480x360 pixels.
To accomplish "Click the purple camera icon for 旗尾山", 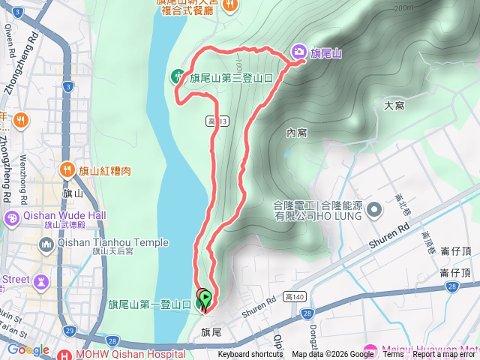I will tap(298, 51).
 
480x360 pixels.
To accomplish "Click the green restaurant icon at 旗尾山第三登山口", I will tap(178, 75).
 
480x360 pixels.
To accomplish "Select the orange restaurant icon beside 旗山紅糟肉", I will tap(67, 170).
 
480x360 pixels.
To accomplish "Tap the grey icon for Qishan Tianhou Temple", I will tap(46, 244).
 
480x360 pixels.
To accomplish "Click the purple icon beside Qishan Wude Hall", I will tap(12, 218).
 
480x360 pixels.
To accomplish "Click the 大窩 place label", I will tap(394, 106).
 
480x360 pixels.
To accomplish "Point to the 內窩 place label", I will tap(296, 133).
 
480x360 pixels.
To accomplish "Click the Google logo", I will tap(27, 349).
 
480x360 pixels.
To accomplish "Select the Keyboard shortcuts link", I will tap(250, 355).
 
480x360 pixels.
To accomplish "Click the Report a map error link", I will tap(445, 355).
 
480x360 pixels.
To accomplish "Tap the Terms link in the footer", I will tap(393, 355).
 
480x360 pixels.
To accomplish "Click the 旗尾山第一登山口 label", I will tap(149, 304).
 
